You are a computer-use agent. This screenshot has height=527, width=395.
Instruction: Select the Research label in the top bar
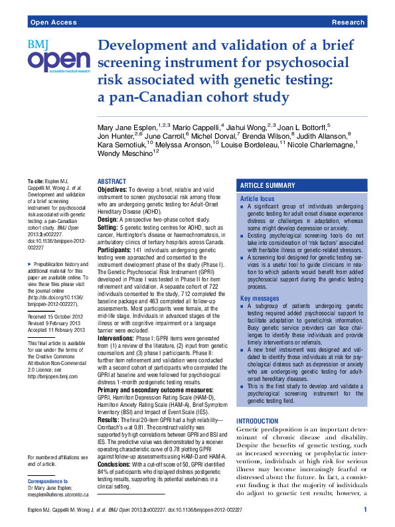tap(348, 22)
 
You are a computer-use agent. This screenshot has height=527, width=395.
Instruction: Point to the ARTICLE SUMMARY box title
tap(268, 185)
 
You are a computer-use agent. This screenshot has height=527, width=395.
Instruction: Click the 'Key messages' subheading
tap(259, 299)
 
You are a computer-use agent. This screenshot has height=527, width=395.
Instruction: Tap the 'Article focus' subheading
tap(257, 199)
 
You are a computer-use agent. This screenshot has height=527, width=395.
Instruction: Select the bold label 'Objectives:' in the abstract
tap(112, 190)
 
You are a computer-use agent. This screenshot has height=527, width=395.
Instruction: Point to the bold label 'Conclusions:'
tap(114, 465)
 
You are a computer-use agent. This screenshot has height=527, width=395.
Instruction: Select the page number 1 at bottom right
tap(365, 510)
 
